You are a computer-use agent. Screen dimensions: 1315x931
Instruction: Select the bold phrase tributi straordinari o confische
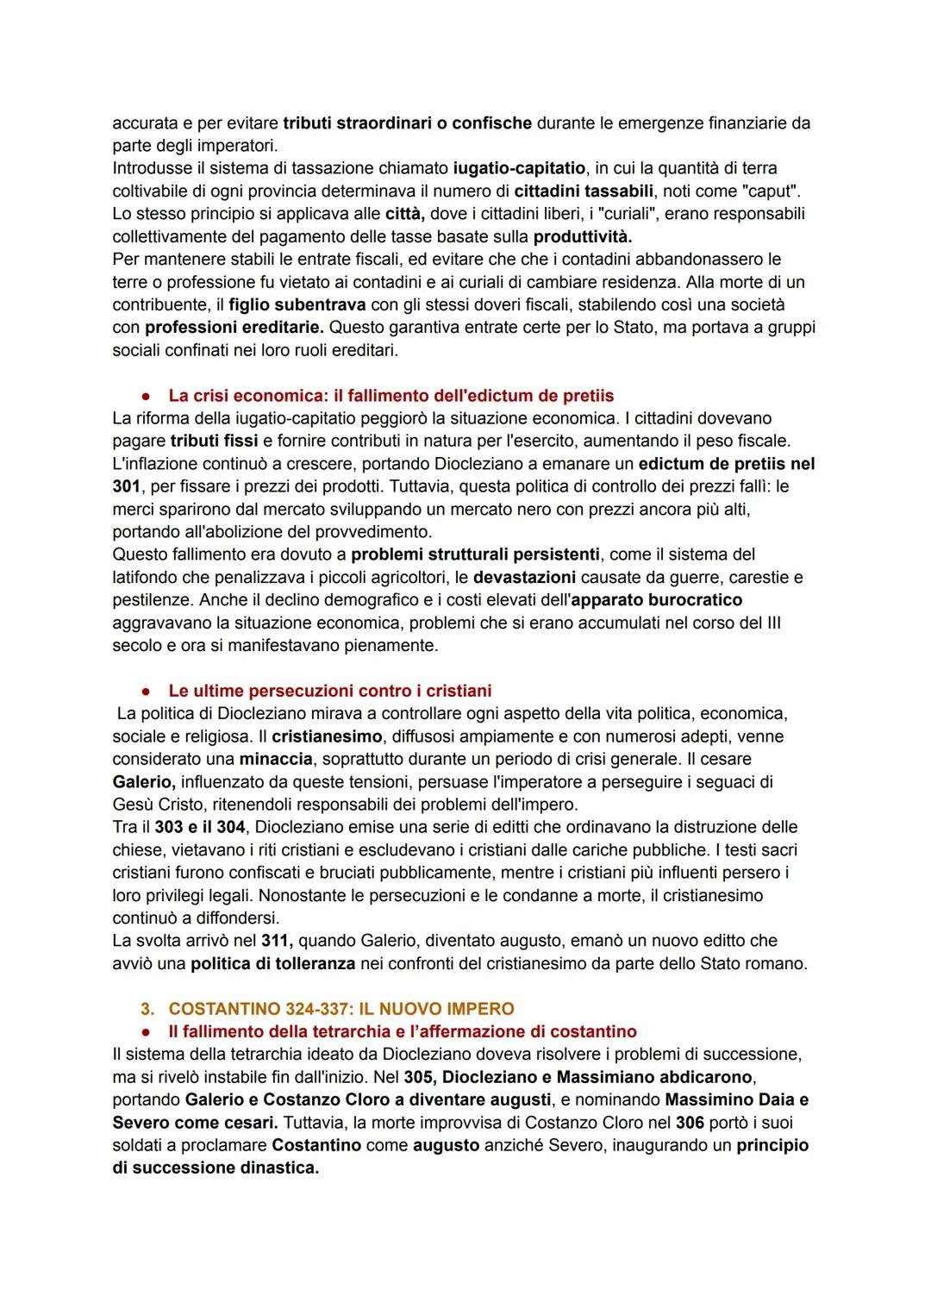(x=407, y=123)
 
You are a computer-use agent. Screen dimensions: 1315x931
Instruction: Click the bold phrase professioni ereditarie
(x=234, y=327)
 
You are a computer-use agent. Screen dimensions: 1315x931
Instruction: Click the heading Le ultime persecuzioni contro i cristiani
(x=329, y=691)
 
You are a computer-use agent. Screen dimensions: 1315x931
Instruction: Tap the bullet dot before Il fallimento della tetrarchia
(x=147, y=1032)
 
